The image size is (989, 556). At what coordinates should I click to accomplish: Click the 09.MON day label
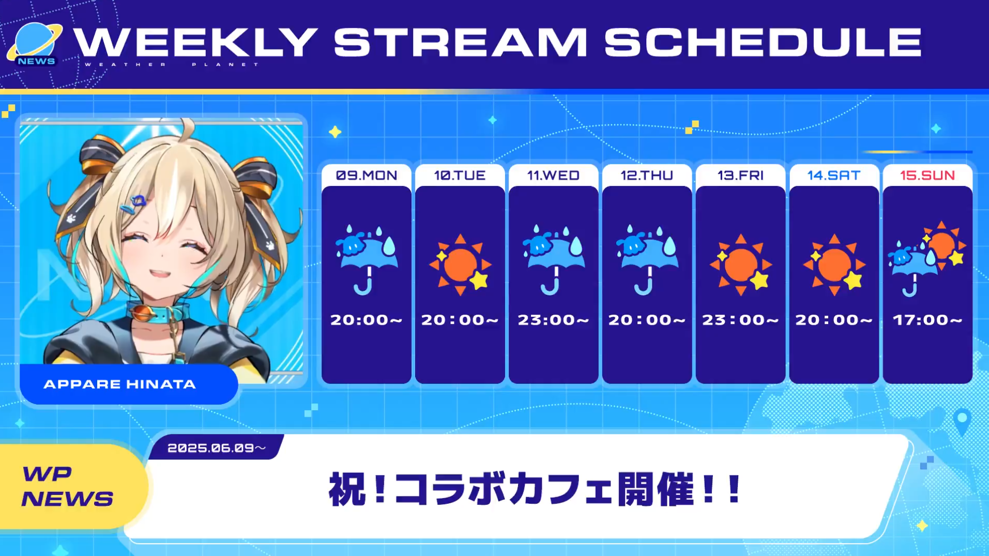[x=367, y=176]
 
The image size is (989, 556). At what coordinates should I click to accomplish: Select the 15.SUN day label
[x=927, y=176]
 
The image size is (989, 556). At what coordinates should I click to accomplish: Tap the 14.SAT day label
[x=834, y=176]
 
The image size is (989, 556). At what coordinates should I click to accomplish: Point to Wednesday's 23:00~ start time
[x=553, y=320]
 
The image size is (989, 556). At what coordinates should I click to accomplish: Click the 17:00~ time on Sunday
[x=927, y=320]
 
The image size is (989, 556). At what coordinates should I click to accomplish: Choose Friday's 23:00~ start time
[x=740, y=320]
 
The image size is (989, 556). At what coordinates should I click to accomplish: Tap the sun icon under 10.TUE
[x=460, y=265]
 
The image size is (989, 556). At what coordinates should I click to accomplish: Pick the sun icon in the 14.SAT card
[x=834, y=265]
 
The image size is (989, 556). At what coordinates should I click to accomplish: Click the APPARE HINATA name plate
[x=129, y=384]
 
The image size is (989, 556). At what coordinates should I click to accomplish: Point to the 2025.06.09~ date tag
[x=216, y=447]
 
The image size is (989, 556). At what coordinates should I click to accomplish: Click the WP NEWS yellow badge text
[x=67, y=486]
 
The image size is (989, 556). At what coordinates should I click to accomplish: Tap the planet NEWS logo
[x=34, y=44]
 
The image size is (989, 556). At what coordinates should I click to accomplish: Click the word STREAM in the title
[x=460, y=42]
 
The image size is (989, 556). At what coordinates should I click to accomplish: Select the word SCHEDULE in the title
[x=763, y=42]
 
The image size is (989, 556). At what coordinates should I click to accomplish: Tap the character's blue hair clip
[x=133, y=204]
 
